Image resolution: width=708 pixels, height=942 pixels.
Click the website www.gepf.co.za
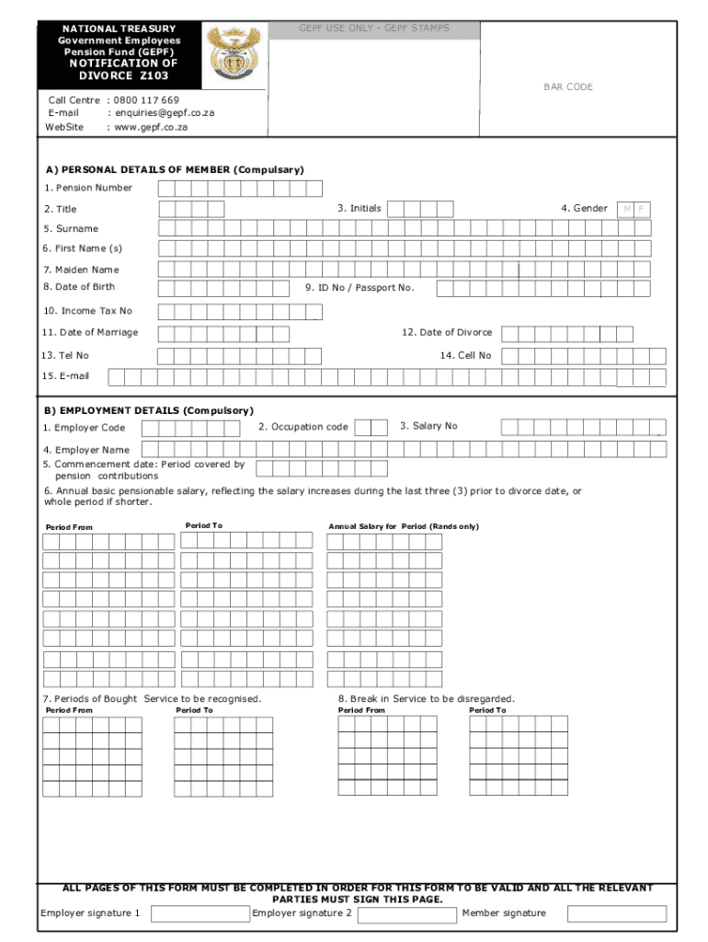coord(151,127)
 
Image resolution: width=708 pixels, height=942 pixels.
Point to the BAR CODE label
coord(567,86)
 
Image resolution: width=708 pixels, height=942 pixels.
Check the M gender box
coord(626,209)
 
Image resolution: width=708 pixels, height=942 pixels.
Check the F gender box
coord(642,209)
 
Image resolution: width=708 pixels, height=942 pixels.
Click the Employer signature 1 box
coord(200,913)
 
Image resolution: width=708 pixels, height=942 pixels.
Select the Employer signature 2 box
coord(406,914)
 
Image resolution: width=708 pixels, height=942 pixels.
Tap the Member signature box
coord(616,913)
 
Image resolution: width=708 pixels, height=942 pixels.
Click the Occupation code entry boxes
coord(371,428)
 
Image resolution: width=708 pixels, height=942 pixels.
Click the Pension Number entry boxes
coord(240,189)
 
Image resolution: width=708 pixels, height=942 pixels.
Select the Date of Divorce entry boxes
coord(566,333)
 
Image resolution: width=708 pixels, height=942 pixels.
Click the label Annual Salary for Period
coord(404,526)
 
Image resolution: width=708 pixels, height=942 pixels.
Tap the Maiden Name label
coord(81,270)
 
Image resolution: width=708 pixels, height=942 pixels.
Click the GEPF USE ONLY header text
coord(374,29)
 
